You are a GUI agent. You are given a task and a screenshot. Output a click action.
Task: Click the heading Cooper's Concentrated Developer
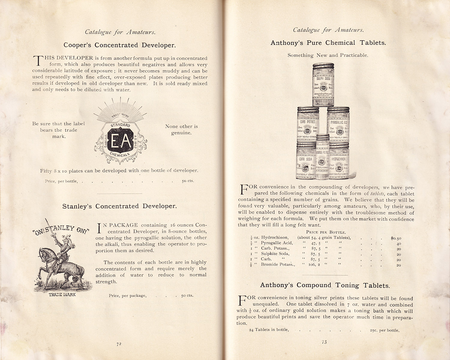point(119,45)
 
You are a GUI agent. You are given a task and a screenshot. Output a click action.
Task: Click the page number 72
point(119,344)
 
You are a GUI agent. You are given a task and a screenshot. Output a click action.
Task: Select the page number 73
point(324,342)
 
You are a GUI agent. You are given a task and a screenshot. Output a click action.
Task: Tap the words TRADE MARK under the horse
point(62,295)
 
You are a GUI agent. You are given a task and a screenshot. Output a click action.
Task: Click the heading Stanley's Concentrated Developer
point(119,206)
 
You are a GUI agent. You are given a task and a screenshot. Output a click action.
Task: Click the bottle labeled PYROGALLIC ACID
point(338,126)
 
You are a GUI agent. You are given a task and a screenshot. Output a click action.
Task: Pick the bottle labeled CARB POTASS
point(308,126)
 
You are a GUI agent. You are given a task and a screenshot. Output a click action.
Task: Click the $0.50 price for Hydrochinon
point(396,238)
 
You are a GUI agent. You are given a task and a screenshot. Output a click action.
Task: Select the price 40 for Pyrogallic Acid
point(399,244)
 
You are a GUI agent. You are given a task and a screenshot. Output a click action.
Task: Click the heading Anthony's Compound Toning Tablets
point(325,285)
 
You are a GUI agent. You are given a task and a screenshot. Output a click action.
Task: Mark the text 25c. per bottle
point(385,330)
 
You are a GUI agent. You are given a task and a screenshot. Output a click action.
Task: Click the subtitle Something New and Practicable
point(328,55)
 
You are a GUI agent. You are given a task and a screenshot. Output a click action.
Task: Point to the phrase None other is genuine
point(181,130)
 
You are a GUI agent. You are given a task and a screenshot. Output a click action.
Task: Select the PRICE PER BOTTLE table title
point(326,232)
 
